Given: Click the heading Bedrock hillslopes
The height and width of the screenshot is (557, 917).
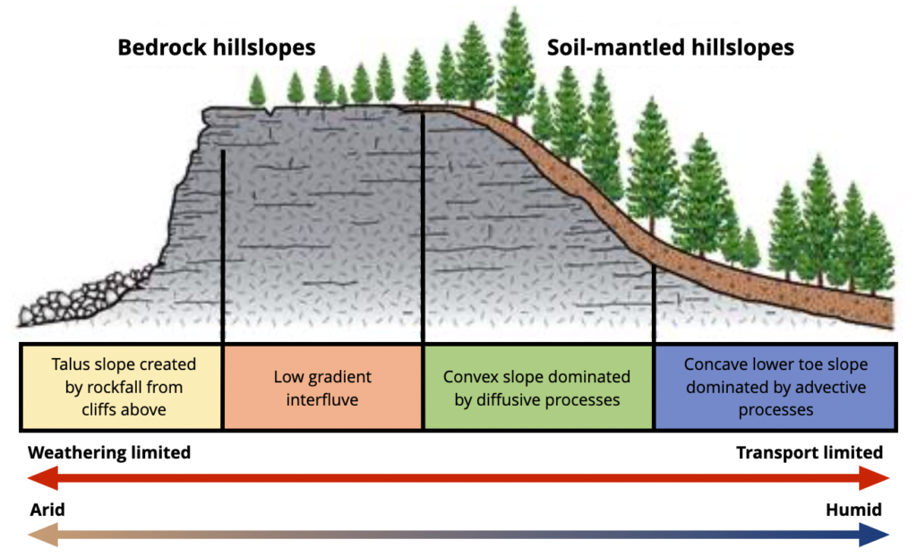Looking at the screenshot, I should [217, 47].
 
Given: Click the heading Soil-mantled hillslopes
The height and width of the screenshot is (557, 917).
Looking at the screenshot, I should [671, 47].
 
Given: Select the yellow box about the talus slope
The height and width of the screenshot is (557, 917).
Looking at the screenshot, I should [122, 386].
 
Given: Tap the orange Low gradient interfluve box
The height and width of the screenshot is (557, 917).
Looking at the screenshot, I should [322, 388].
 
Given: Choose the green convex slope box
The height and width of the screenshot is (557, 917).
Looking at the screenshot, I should [537, 388].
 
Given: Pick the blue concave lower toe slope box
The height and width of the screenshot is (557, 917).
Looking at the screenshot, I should [775, 387].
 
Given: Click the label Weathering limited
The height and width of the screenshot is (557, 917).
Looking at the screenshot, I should [109, 452].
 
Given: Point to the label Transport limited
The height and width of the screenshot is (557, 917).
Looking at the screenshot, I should [810, 452].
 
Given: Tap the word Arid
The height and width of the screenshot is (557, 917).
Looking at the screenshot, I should [47, 510].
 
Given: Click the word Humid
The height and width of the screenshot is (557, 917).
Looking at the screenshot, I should [853, 510].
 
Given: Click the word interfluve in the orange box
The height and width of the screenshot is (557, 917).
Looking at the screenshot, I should [322, 399].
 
